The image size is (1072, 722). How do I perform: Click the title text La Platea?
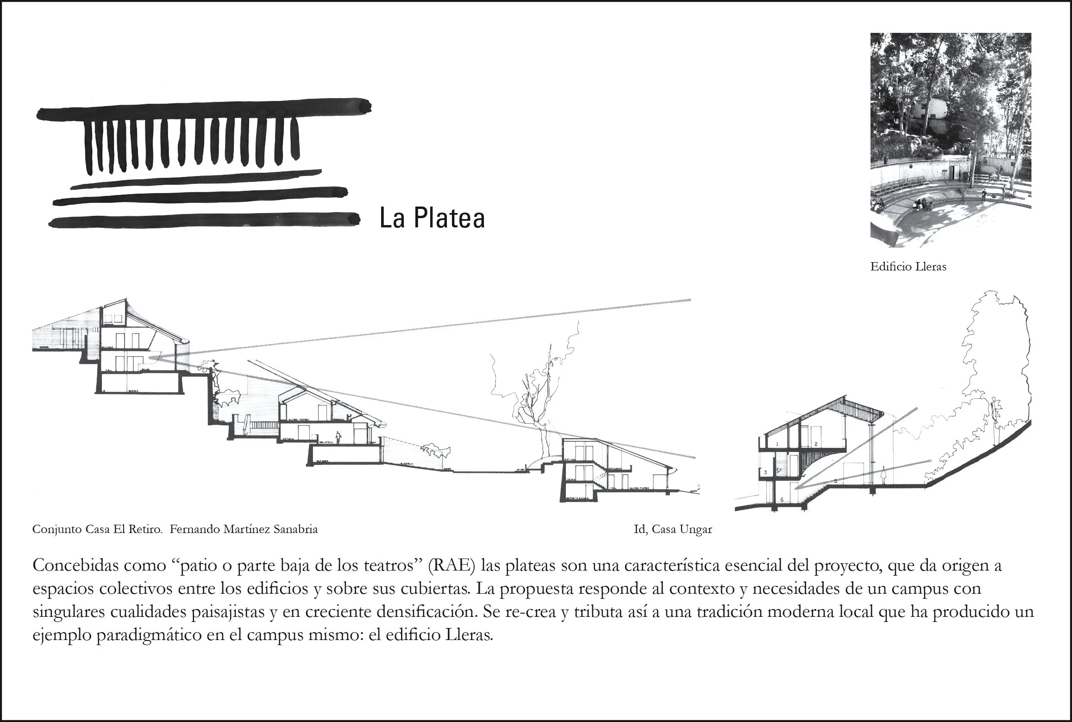(x=432, y=219)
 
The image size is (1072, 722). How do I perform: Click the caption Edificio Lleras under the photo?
(x=908, y=267)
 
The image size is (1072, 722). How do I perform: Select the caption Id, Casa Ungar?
(x=673, y=529)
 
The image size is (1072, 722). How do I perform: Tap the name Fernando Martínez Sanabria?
(x=244, y=529)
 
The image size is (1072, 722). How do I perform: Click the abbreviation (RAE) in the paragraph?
(x=452, y=566)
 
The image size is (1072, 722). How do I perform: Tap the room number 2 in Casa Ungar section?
(x=815, y=444)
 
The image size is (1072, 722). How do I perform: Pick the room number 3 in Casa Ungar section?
(x=766, y=472)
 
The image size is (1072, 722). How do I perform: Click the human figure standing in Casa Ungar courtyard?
(x=884, y=475)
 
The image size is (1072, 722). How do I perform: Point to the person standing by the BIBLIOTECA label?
(x=339, y=437)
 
